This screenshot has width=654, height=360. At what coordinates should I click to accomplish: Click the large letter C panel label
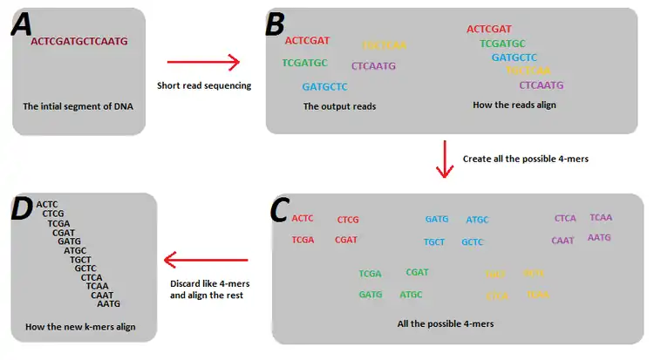(x=281, y=210)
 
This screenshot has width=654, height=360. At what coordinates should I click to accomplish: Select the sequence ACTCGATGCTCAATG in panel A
(x=78, y=41)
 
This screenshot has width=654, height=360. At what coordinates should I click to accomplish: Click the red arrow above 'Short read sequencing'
(x=202, y=62)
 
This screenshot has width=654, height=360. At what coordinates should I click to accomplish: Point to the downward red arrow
(x=446, y=158)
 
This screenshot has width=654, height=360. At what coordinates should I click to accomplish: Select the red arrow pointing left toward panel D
(x=206, y=259)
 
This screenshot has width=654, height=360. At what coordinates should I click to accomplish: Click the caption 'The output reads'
(x=339, y=106)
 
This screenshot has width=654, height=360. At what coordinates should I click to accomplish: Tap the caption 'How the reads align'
(x=514, y=105)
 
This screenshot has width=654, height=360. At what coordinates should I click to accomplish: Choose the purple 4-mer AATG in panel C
(x=599, y=237)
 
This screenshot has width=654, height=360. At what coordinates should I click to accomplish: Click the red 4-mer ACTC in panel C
(x=303, y=218)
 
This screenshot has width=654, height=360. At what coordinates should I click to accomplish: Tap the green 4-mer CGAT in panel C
(x=417, y=273)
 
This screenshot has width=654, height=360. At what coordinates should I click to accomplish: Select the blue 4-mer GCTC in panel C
(x=473, y=241)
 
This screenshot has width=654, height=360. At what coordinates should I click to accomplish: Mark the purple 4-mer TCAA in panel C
(x=601, y=217)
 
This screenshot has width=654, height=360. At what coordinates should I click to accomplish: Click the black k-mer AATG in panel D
(x=108, y=304)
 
